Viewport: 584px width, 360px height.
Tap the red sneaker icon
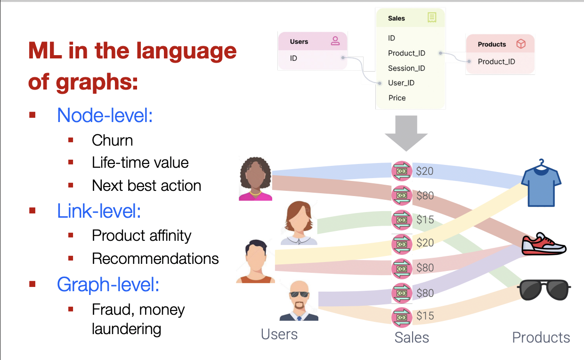tap(544, 244)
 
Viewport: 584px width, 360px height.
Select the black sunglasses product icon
tap(544, 290)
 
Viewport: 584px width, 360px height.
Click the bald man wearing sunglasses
tap(299, 301)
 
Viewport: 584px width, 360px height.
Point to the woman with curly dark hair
tap(255, 179)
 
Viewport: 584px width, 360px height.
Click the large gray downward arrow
tap(406, 133)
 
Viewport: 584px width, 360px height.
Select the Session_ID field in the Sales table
tap(406, 68)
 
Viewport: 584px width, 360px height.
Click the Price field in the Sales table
tap(397, 98)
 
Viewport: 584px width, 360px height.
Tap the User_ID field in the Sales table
tap(401, 83)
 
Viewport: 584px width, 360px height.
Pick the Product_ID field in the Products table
tap(496, 62)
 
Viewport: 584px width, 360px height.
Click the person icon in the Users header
tap(335, 41)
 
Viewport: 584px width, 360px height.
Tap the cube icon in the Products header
tap(521, 44)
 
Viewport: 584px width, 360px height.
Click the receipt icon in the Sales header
tap(432, 17)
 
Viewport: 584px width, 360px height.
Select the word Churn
tap(113, 140)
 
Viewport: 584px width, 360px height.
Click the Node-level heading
tap(105, 115)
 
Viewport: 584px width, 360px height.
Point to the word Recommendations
tap(155, 259)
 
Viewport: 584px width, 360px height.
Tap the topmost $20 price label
tap(425, 171)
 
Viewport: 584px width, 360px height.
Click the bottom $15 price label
tap(425, 316)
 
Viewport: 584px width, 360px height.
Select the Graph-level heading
tap(108, 285)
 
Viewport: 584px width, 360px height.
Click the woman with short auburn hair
tap(299, 223)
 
